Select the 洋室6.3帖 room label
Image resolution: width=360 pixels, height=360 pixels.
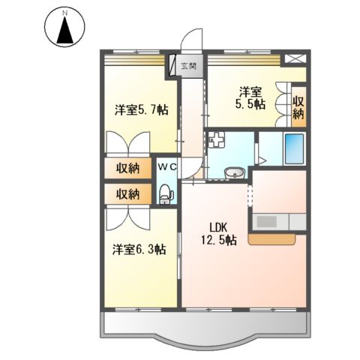tap(139, 249)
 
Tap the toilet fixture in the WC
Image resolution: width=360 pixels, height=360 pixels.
tap(166, 195)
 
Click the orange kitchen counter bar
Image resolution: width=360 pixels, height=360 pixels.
tap(273, 239)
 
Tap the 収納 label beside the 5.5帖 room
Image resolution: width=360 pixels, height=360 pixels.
tap(298, 107)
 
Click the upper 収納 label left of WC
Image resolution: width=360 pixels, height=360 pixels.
tap(127, 168)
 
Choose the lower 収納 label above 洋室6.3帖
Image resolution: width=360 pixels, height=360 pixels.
tap(127, 193)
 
